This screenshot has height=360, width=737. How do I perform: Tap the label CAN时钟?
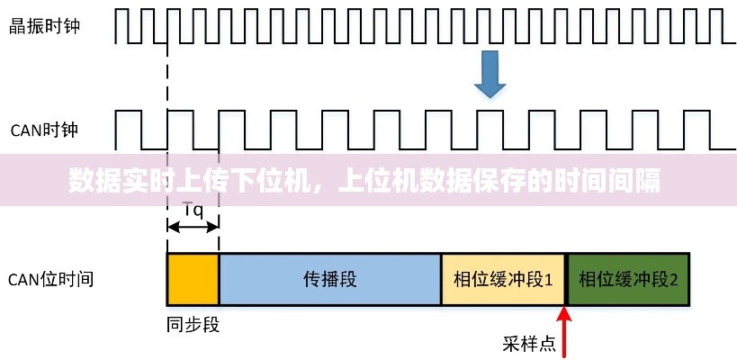[x=44, y=130]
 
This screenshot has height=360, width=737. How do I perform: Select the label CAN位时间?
[x=50, y=279]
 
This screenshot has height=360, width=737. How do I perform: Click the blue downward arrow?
[x=490, y=74]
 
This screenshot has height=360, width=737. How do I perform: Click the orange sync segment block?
[x=193, y=279]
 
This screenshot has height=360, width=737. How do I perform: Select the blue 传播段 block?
[x=329, y=279]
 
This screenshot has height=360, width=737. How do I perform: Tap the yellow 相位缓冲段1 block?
[x=502, y=279]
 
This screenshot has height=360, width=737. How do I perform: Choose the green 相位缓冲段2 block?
[x=628, y=279]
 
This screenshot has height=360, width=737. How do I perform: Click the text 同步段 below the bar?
[x=193, y=322]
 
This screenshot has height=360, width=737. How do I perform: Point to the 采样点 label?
[x=528, y=343]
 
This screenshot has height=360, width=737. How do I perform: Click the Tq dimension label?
[x=193, y=211]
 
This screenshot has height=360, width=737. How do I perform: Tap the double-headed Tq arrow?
[x=193, y=227]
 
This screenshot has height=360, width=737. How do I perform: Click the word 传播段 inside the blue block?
[x=329, y=279]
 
